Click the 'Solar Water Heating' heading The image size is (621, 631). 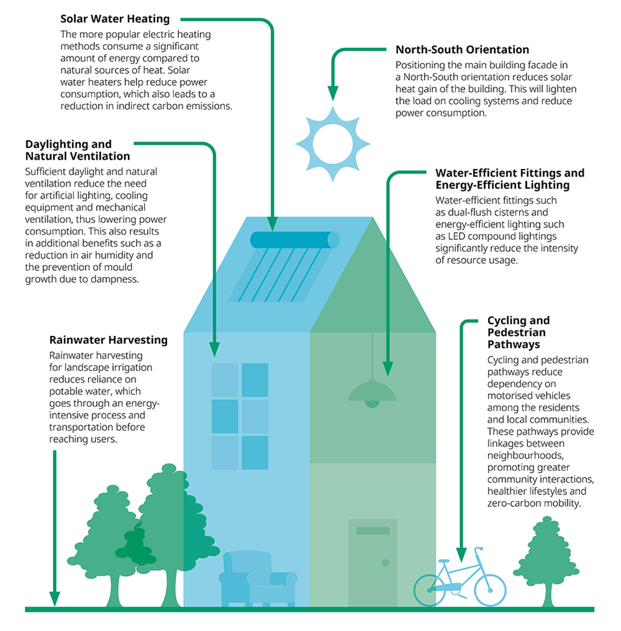pos(115,19)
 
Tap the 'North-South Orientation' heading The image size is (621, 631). pos(462,50)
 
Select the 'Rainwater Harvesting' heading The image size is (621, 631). pos(108,340)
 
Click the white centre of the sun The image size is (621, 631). pos(333,144)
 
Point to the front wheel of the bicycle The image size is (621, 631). pos(490,590)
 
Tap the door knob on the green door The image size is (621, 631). pos(385,563)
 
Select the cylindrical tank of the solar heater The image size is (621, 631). pos(294,240)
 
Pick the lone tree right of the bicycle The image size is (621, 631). pos(546,559)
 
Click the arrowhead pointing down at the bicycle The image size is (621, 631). pos(461,555)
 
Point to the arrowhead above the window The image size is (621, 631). pos(214,349)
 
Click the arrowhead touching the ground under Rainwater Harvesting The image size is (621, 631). pos(55,598)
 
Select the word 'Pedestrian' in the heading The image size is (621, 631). pos(516,333)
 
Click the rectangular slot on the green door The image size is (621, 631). pos(373,530)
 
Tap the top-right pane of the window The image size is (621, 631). pos(255,380)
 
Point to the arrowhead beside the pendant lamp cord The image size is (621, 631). pos(388,369)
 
